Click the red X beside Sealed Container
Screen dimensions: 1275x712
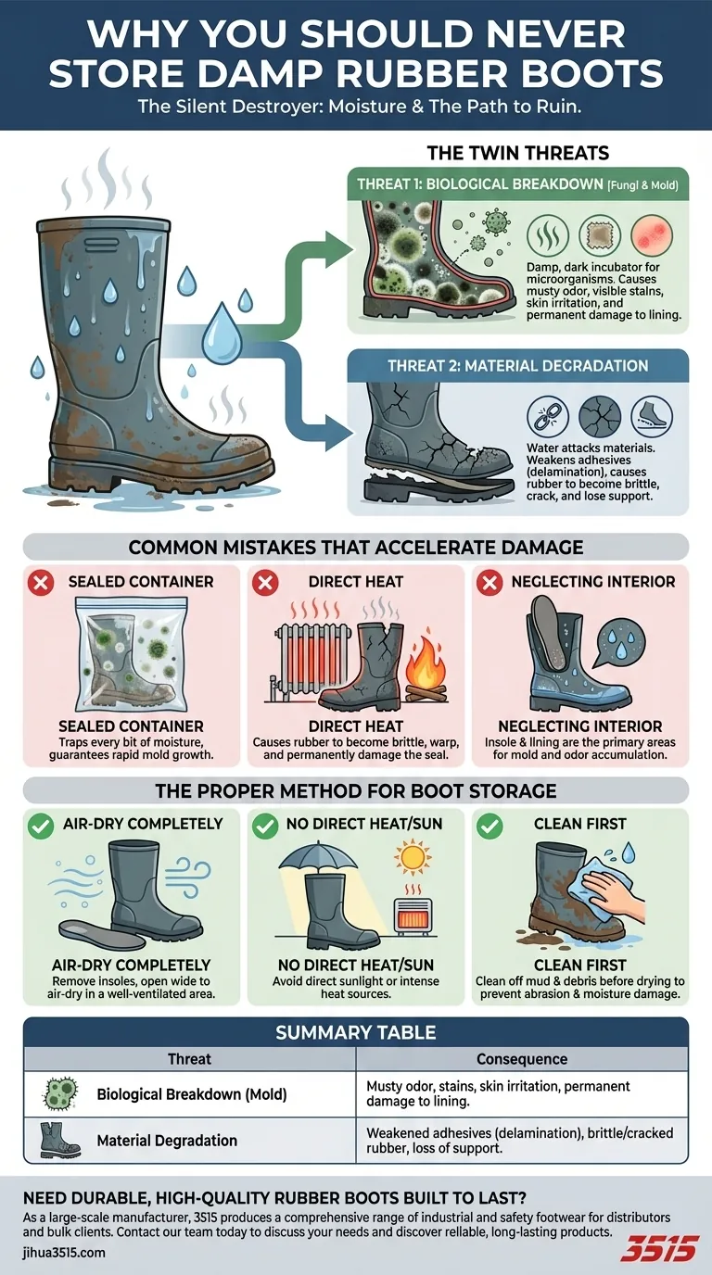click(x=40, y=582)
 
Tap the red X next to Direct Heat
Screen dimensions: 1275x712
click(x=266, y=582)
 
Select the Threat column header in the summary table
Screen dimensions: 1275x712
click(x=189, y=1058)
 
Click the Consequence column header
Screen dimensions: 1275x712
click(x=521, y=1058)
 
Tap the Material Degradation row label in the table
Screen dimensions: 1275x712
click(x=167, y=1141)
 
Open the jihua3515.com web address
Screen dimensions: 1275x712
click(x=64, y=1253)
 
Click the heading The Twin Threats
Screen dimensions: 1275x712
click(x=516, y=153)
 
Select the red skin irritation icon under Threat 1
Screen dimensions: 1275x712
click(x=651, y=236)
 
